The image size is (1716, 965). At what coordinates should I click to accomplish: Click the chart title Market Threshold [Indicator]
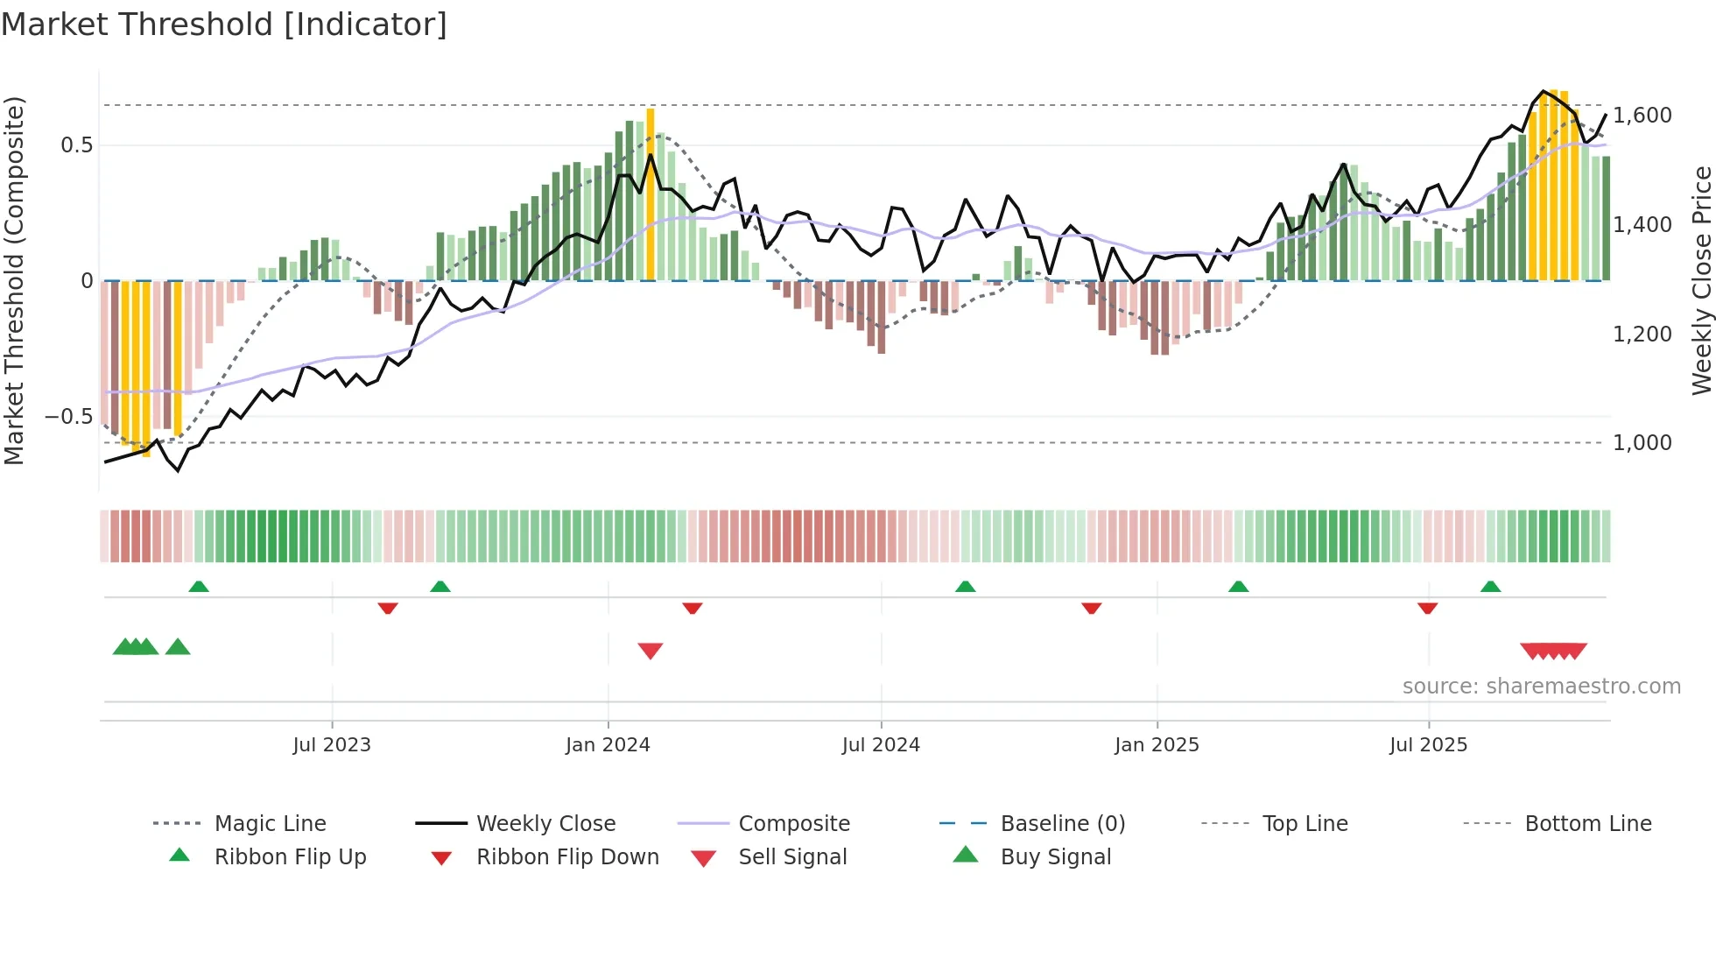[x=224, y=25]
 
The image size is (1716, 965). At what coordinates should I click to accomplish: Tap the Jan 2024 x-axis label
[x=608, y=745]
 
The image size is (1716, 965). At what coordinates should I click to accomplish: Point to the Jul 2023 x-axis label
[x=332, y=745]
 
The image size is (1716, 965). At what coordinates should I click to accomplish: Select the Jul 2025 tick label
[x=1428, y=745]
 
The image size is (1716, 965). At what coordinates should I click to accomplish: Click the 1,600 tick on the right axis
[x=1642, y=116]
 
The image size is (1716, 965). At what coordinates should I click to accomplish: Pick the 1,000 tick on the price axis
[x=1642, y=443]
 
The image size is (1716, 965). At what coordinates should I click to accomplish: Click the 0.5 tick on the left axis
[x=76, y=145]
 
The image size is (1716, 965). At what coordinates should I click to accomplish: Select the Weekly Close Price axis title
[x=1701, y=280]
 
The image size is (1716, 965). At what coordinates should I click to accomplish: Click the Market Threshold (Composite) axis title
[x=14, y=280]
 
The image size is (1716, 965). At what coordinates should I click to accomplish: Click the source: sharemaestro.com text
[x=1541, y=687]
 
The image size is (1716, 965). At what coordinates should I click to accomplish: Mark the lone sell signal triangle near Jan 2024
[x=651, y=651]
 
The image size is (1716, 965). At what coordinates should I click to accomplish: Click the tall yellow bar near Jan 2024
[x=651, y=193]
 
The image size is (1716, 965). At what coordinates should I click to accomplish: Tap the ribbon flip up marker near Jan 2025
[x=1238, y=587]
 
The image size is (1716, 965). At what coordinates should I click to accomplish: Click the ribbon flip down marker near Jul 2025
[x=1427, y=608]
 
